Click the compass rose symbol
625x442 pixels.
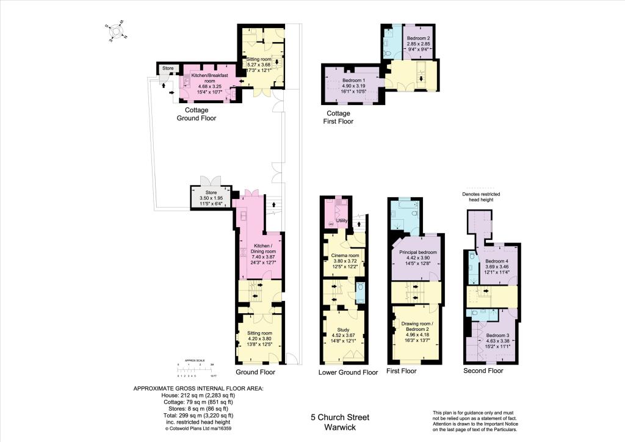115,31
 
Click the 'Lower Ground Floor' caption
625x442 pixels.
348,372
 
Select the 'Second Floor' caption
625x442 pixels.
483,371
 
